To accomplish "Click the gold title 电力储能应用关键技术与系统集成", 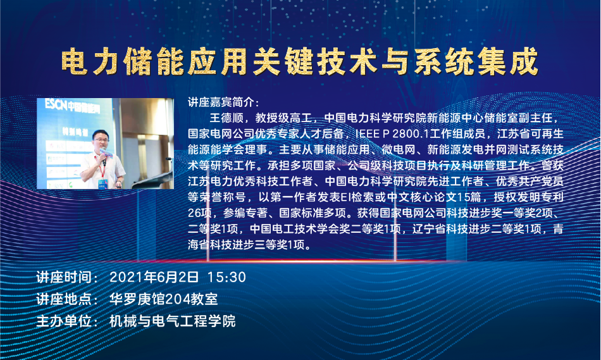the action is (300, 61).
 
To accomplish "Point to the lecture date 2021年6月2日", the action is (154, 277).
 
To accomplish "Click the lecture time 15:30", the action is (226, 277).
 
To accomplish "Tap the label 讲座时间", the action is (64, 277).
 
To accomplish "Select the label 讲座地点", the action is (64, 299).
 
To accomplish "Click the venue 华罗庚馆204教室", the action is (164, 299).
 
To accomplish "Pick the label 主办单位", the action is (64, 321).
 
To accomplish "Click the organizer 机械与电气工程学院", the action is (173, 321).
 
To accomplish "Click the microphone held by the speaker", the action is (104, 156).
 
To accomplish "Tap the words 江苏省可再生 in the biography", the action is (531, 133).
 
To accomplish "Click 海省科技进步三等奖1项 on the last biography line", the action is (245, 245).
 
